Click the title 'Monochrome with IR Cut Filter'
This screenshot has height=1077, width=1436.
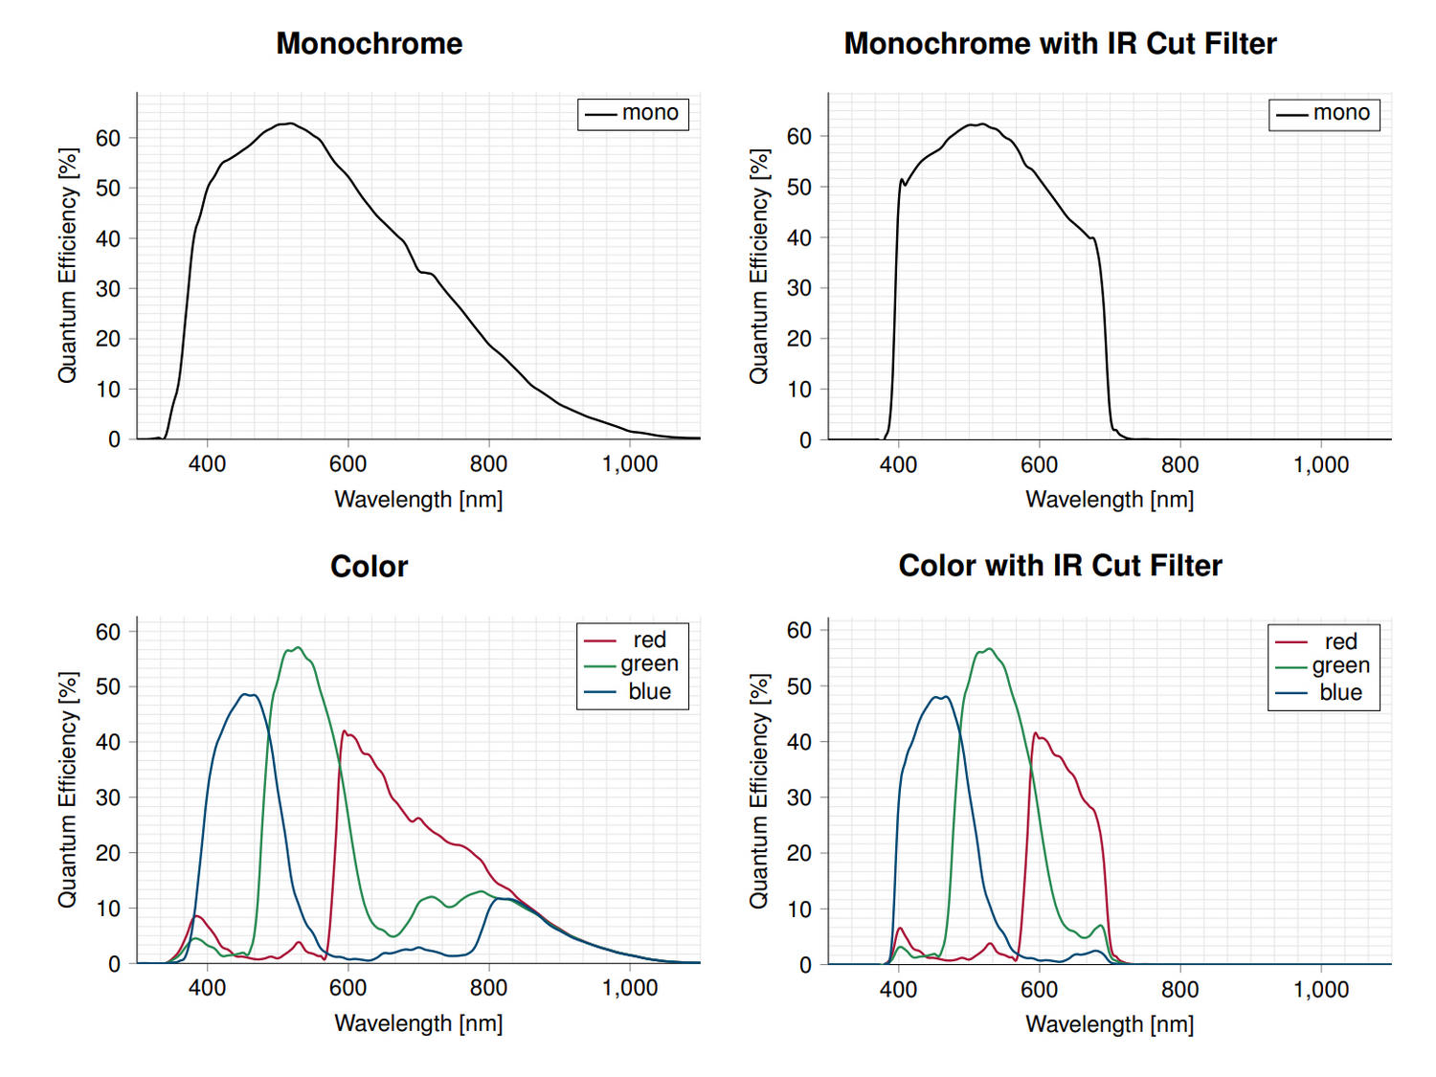pyautogui.click(x=1060, y=44)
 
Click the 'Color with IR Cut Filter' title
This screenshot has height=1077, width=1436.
pyautogui.click(x=1060, y=566)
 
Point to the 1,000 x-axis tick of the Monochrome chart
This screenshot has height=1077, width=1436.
pyautogui.click(x=629, y=464)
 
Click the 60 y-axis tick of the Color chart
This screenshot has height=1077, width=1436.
pyautogui.click(x=108, y=632)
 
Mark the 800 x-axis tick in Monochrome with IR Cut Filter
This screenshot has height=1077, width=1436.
pyautogui.click(x=1179, y=465)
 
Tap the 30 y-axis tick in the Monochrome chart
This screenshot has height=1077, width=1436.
pyautogui.click(x=108, y=288)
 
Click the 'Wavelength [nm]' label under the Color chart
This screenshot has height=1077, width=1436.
pyautogui.click(x=418, y=1023)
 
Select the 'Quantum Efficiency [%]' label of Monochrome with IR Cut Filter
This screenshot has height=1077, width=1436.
pyautogui.click(x=759, y=266)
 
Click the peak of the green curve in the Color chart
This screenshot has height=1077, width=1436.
pyautogui.click(x=299, y=647)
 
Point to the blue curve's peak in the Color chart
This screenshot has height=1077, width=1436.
pyautogui.click(x=248, y=694)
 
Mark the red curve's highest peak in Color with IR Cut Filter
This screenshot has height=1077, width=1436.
pyautogui.click(x=1036, y=733)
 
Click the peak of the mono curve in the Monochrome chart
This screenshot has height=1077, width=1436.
pyautogui.click(x=290, y=123)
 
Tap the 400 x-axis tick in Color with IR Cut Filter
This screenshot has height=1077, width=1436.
pyautogui.click(x=898, y=990)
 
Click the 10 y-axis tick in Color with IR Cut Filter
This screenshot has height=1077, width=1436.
pyautogui.click(x=799, y=909)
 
